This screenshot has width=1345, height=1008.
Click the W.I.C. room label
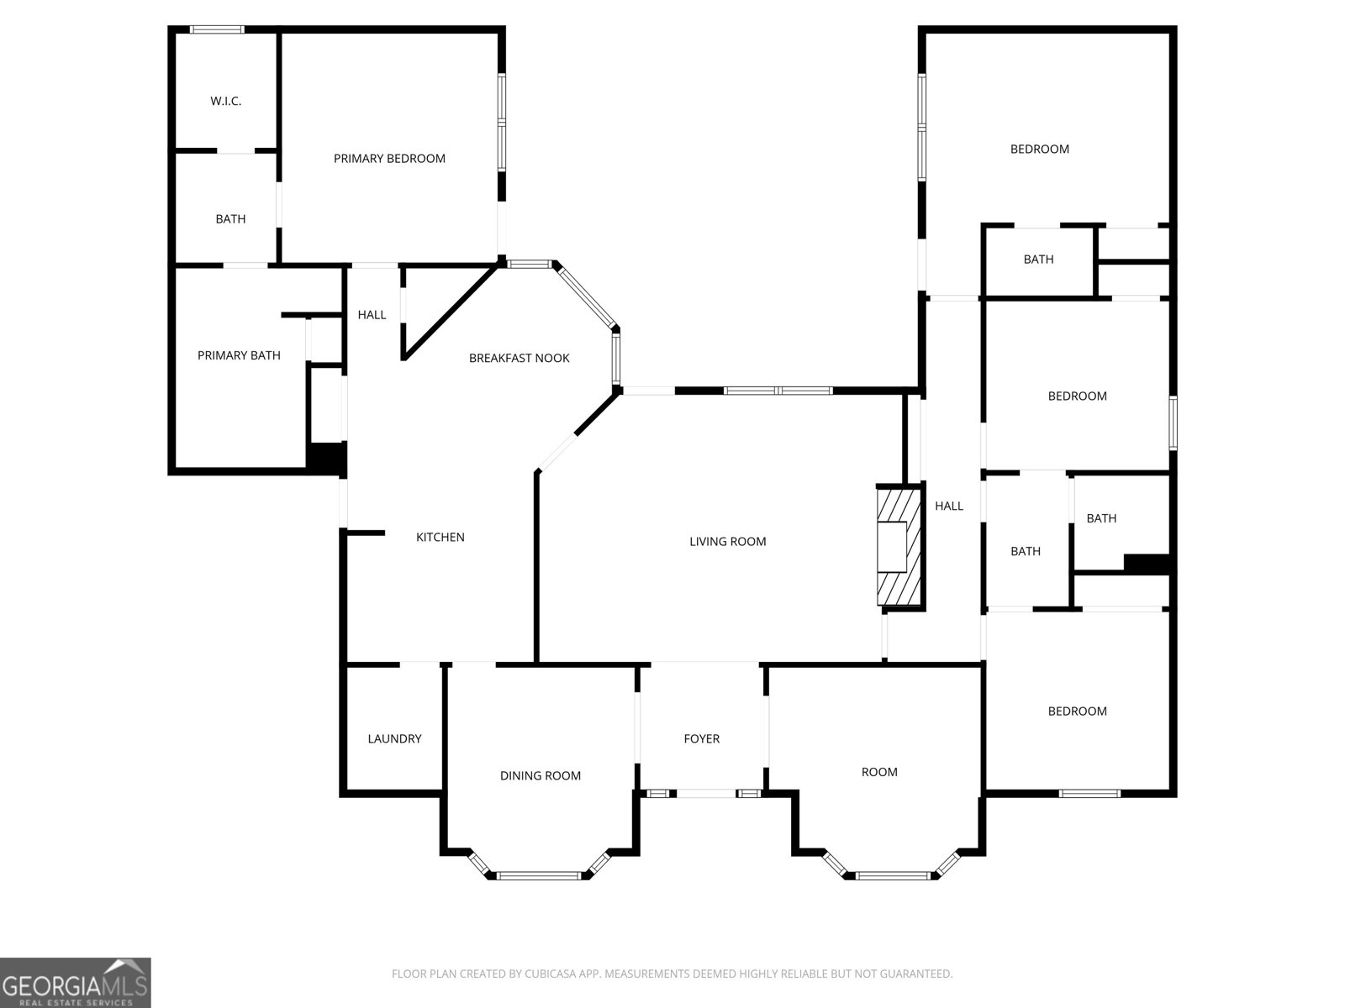click(x=225, y=102)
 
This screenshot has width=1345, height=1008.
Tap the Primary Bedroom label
click(x=389, y=159)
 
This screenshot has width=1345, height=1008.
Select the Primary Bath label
click(x=239, y=355)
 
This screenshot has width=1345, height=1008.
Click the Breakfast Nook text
click(x=519, y=358)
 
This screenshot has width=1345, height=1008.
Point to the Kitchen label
click(x=440, y=538)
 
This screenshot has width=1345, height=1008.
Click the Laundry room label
click(x=394, y=739)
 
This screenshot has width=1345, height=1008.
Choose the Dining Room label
click(x=540, y=776)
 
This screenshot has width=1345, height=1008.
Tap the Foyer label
click(x=701, y=739)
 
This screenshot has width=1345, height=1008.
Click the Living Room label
click(x=727, y=542)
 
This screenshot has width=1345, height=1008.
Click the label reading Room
click(x=879, y=772)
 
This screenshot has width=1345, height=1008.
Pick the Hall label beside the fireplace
click(x=949, y=506)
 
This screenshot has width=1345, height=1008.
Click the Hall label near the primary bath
click(x=372, y=315)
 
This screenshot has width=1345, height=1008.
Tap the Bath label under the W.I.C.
click(x=230, y=219)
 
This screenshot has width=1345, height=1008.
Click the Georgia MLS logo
click(x=76, y=982)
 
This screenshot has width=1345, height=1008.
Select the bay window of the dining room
click(x=538, y=875)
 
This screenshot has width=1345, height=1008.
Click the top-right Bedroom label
click(x=1039, y=150)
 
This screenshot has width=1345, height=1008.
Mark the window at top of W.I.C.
click(x=217, y=29)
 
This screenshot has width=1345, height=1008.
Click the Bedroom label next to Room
click(x=1077, y=711)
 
